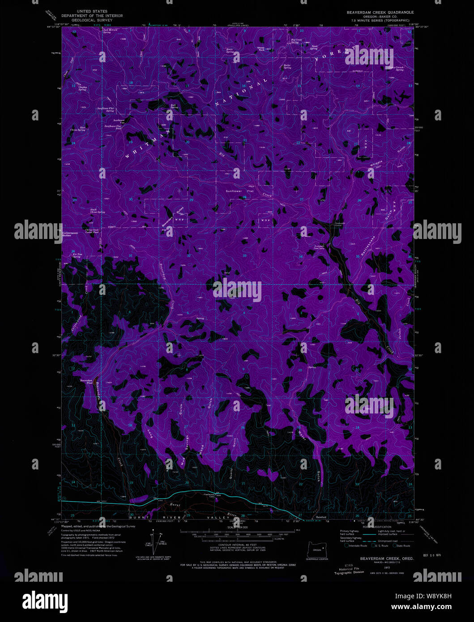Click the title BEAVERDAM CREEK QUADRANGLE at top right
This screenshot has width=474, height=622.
pyautogui.click(x=380, y=12)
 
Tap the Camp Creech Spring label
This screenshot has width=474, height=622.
pyautogui.click(x=396, y=68)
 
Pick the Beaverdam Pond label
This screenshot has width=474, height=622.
pyautogui.click(x=86, y=382)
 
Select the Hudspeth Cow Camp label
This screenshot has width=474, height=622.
pyautogui.click(x=319, y=247)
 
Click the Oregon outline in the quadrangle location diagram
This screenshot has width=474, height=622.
pyautogui.click(x=317, y=548)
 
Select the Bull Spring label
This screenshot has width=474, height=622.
pyautogui.click(x=174, y=107)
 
